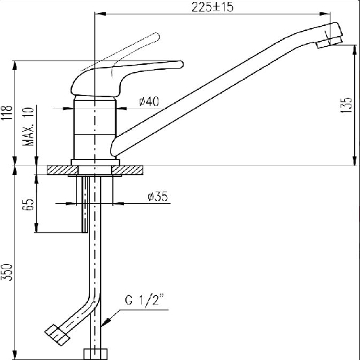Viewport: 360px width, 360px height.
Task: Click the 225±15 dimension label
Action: tap(212, 7)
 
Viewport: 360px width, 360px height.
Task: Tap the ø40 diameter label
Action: tap(149, 102)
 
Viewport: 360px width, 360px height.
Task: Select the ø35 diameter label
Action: tap(158, 197)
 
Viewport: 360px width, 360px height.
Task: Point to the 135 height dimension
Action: tap(346, 105)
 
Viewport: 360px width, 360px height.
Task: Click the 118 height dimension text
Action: tap(7, 113)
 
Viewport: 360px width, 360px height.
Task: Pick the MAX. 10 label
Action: tap(29, 127)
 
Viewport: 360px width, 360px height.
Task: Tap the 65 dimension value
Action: tap(29, 204)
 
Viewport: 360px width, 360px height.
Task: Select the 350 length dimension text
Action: tap(7, 272)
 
